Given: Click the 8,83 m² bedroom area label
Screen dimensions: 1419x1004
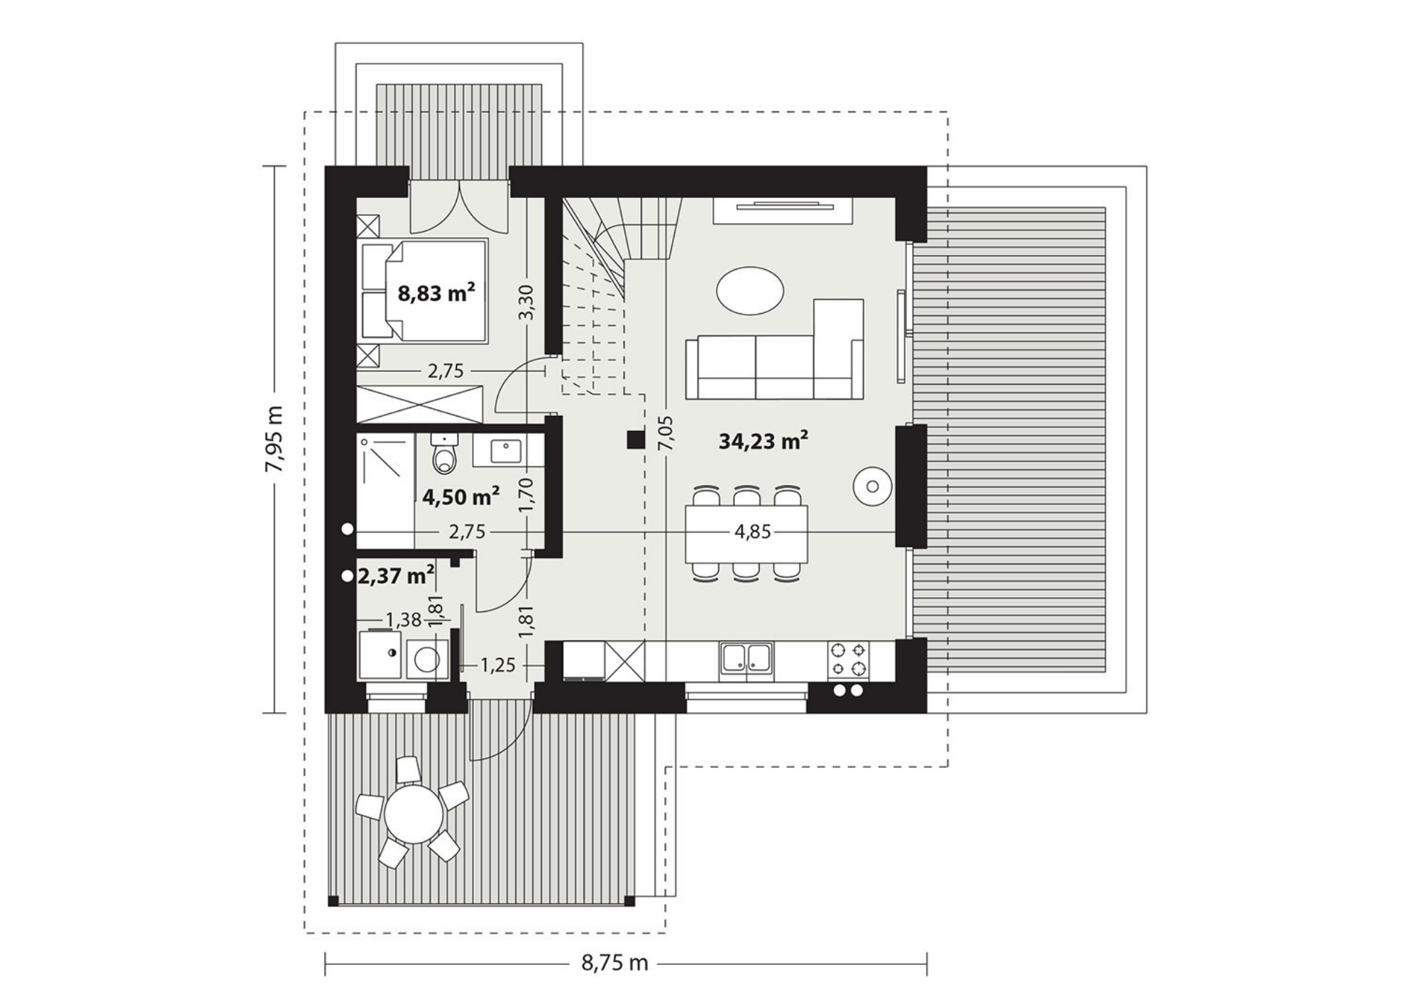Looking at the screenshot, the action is (x=436, y=293).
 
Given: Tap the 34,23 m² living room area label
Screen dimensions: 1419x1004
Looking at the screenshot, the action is (x=764, y=441).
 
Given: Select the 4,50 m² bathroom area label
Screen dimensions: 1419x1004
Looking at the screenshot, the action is (x=460, y=496).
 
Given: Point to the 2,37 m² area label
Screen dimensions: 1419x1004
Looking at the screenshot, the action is (x=396, y=576).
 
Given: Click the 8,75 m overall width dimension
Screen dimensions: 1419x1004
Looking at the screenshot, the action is (x=615, y=963).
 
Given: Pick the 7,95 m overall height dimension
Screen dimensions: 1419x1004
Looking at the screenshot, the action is (x=274, y=439).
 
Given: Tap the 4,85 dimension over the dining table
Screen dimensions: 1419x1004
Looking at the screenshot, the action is (x=753, y=532).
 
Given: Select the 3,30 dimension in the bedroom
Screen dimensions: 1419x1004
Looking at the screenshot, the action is (x=526, y=302).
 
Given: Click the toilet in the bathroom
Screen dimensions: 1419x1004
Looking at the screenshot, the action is (x=444, y=454).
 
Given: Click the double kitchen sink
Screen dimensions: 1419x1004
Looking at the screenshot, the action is (x=746, y=660).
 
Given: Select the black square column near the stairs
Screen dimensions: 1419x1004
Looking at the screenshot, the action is (x=635, y=440).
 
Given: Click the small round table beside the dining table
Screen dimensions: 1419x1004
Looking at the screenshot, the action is (x=873, y=487).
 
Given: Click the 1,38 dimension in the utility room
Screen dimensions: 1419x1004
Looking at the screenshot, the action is (x=403, y=620).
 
